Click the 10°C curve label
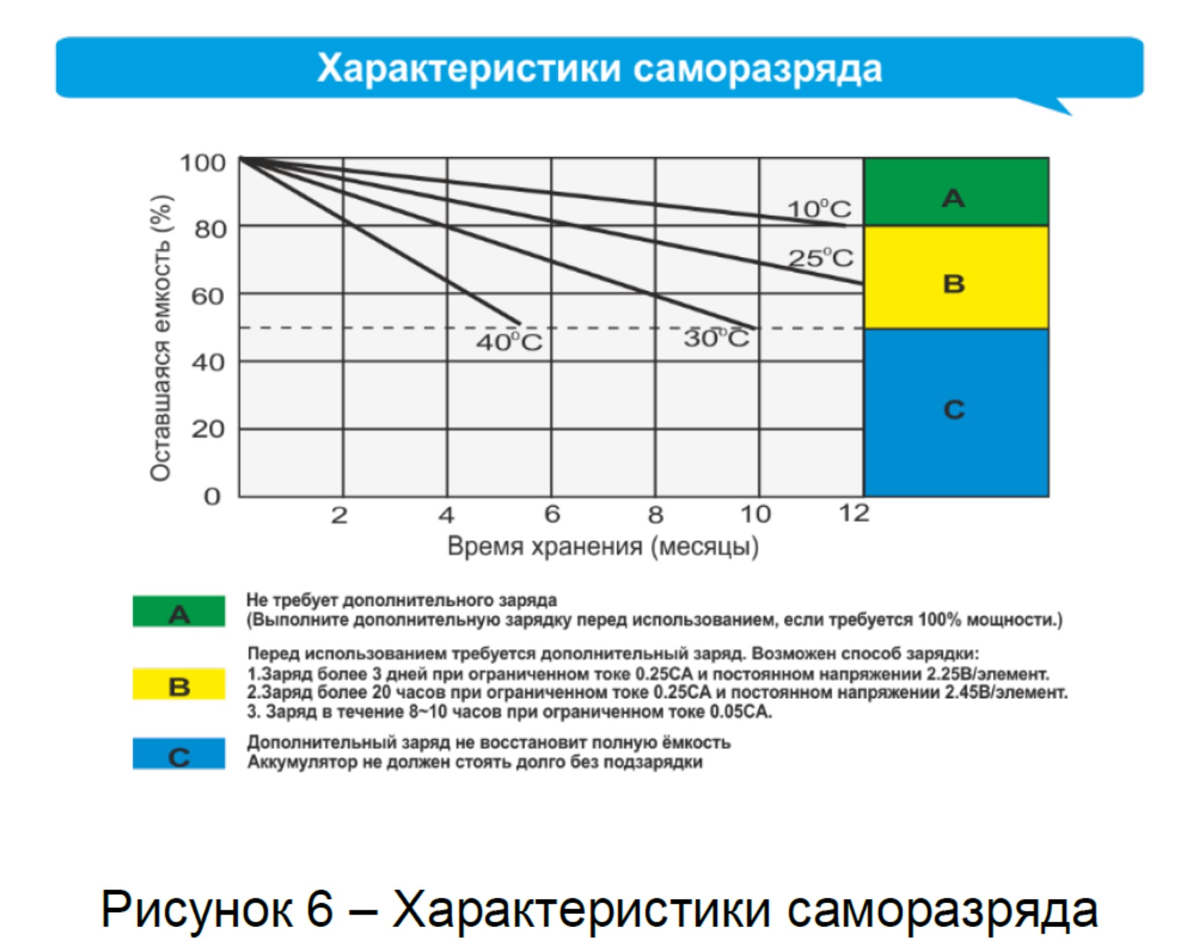(x=819, y=208)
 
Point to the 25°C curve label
(x=820, y=258)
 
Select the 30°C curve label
(x=716, y=337)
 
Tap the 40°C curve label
(x=509, y=342)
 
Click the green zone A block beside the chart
(x=956, y=191)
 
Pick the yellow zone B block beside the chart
(x=956, y=277)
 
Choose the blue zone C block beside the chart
(x=956, y=413)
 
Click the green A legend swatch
(x=179, y=611)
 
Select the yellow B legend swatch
(x=179, y=684)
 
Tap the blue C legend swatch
(x=179, y=754)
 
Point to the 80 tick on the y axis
(x=210, y=230)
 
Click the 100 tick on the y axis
(x=203, y=163)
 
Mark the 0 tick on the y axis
(x=212, y=496)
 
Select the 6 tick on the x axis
(x=552, y=514)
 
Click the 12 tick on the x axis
(x=854, y=513)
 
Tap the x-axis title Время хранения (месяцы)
(x=603, y=547)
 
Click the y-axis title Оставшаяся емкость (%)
(x=161, y=338)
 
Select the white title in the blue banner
(x=600, y=68)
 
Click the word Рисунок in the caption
(x=217, y=909)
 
